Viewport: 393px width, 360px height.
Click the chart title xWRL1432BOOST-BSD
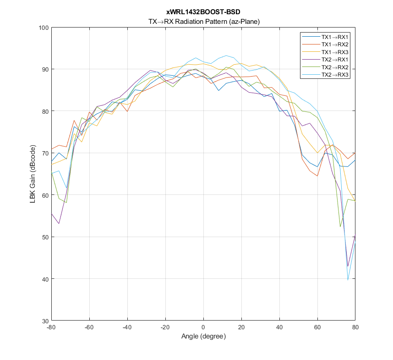click(x=203, y=12)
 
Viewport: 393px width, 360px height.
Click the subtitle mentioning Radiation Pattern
click(x=203, y=21)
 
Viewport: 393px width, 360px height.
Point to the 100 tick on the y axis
click(x=44, y=28)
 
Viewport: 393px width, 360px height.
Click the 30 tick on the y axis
click(x=45, y=321)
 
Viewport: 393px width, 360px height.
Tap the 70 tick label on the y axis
click(x=45, y=153)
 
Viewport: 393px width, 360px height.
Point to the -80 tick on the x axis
click(x=51, y=327)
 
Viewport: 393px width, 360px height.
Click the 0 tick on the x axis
click(x=203, y=327)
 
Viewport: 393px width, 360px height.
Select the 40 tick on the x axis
click(x=279, y=327)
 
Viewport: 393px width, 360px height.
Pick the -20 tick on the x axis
click(x=165, y=327)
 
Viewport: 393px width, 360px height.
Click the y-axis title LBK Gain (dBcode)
click(x=33, y=174)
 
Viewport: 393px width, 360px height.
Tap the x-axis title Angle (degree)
click(x=203, y=336)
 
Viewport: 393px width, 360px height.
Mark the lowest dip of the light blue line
click(x=348, y=280)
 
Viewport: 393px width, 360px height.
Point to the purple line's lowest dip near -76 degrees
click(x=59, y=223)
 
